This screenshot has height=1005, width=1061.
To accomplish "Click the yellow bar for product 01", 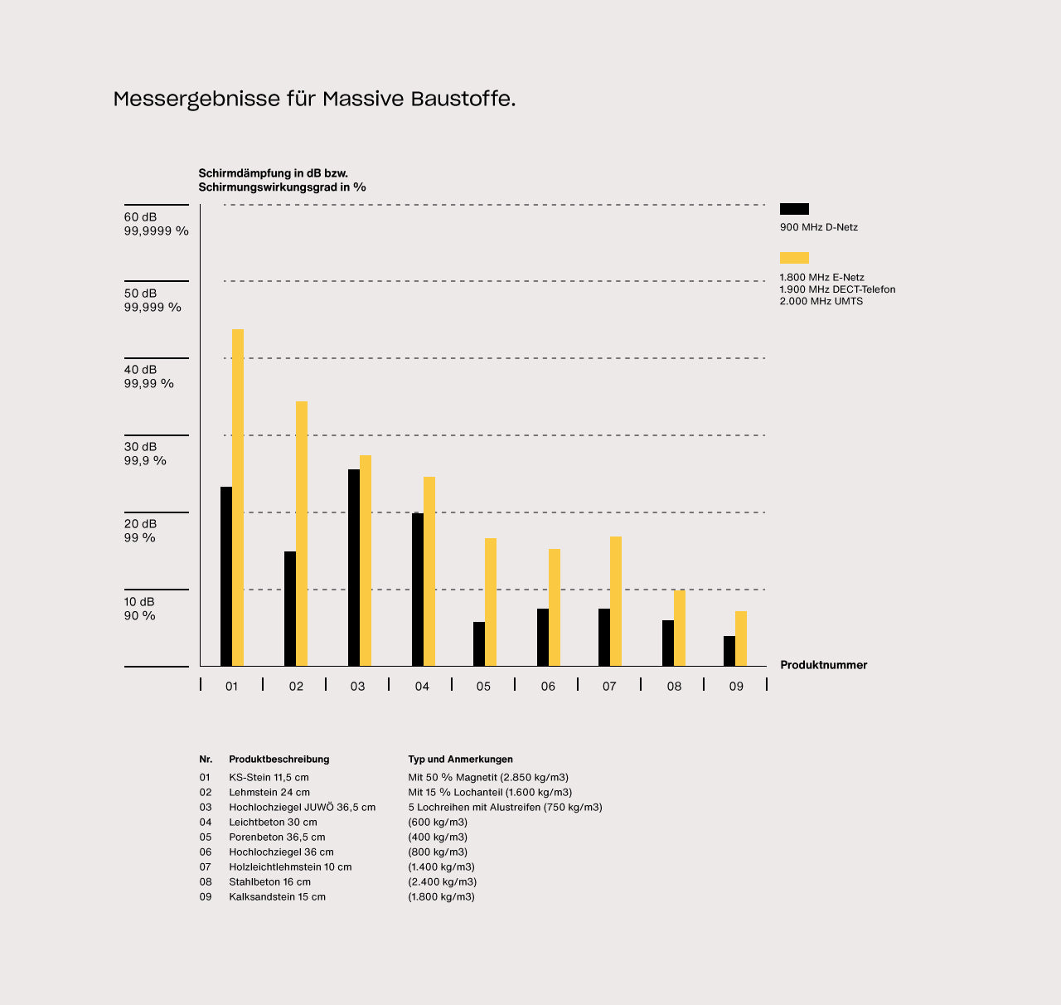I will point(238,498).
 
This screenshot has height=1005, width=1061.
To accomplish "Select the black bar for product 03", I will point(354,568).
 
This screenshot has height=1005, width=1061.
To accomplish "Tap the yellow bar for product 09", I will point(741,638).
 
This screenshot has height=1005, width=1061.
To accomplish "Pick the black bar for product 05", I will point(479,644).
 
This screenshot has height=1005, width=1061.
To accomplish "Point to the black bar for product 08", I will point(668,643).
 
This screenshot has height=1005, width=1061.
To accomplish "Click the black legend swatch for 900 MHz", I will point(794,209).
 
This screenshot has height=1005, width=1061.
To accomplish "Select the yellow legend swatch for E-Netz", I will point(794,258).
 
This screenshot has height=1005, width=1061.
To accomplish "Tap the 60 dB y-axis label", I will point(140,217).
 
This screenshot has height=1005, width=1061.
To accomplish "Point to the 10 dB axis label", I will point(139,601).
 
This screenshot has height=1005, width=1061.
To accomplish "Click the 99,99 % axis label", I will point(149,384).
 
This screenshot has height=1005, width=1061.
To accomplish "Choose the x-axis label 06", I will point(548,687).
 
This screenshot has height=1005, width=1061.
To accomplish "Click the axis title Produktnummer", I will point(823,665).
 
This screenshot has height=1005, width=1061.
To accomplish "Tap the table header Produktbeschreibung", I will point(279,760).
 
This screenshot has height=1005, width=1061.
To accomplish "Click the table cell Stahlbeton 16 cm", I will point(269,882).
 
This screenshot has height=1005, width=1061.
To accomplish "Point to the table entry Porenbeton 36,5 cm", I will point(277,837).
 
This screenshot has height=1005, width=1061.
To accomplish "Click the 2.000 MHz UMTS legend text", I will point(821,301).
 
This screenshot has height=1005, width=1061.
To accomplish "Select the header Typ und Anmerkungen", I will point(460,760).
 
